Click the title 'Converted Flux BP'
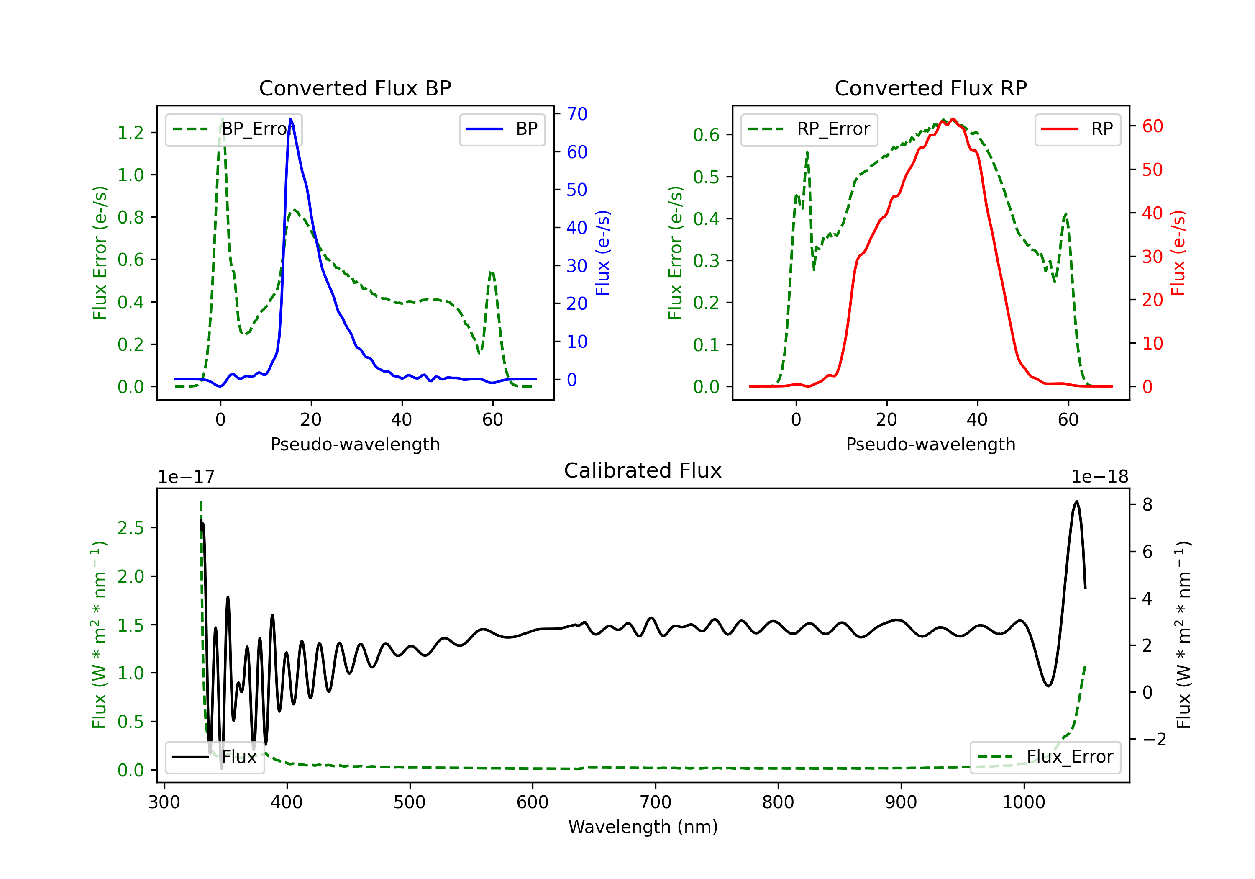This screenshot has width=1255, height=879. point(355,88)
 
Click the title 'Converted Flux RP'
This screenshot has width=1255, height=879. point(930,88)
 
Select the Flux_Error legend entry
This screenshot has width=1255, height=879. point(1045,757)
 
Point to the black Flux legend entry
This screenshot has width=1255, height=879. point(215,757)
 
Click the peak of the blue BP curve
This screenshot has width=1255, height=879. point(291,119)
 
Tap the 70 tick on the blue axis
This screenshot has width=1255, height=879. point(576,114)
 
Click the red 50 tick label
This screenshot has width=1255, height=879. point(1152,170)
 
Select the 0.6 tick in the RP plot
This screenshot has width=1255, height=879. point(706,134)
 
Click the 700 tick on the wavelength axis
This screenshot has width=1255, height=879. point(656,802)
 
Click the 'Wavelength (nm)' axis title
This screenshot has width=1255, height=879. point(643,827)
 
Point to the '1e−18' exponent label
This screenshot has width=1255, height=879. point(1100,477)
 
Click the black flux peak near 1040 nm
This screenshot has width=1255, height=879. point(1077,501)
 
